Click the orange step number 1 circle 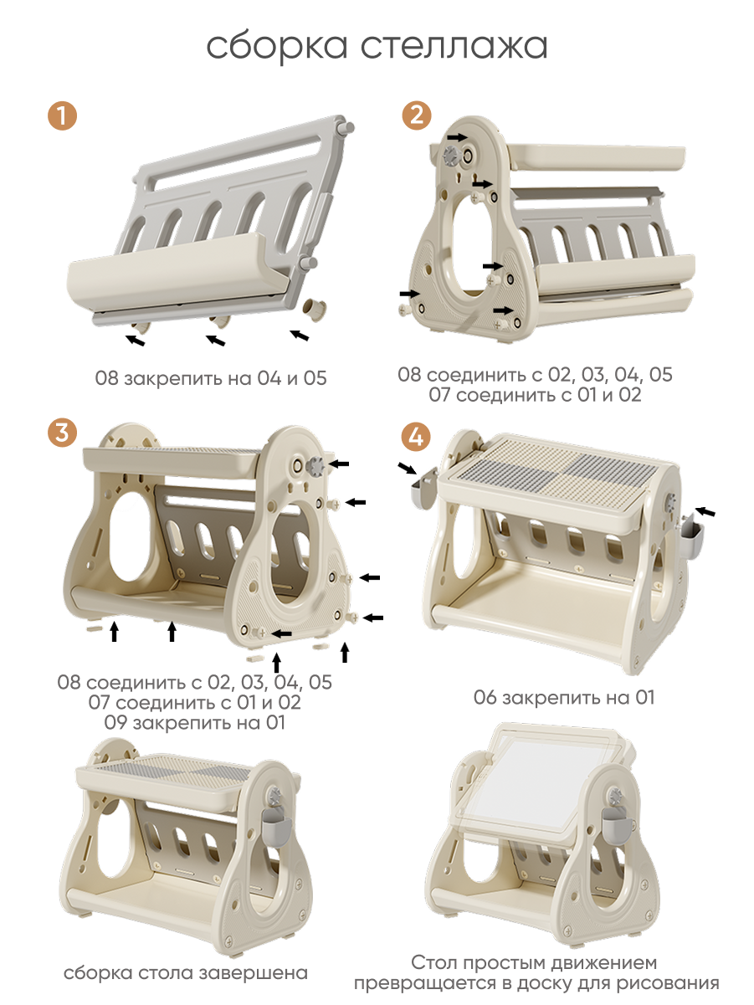[x=62, y=115]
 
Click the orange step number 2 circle [x=417, y=115]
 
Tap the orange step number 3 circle [x=62, y=433]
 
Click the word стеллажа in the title [x=454, y=47]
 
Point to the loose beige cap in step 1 [x=315, y=309]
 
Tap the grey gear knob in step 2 [x=453, y=156]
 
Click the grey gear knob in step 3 [x=315, y=466]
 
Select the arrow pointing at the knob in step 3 [x=340, y=464]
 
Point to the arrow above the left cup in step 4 [x=408, y=468]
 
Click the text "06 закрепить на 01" [x=564, y=698]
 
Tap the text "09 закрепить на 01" [x=195, y=723]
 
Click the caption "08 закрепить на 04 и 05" [x=211, y=378]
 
